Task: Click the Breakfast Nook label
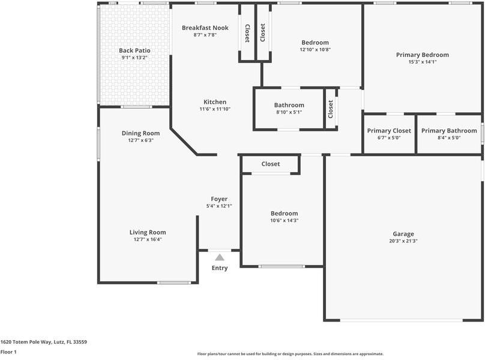tap(205, 28)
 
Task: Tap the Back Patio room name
tap(134, 50)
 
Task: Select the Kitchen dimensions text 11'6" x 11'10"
tap(215, 109)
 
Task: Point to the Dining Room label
tap(140, 133)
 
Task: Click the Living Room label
tap(148, 232)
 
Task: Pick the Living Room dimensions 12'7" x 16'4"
tap(148, 239)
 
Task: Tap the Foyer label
tap(219, 199)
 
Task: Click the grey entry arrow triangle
tap(220, 257)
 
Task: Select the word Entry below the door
tap(220, 268)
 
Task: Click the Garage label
tap(403, 234)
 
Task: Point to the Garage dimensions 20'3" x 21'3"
tap(403, 241)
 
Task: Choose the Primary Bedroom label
tap(422, 55)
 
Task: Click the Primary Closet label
tap(389, 131)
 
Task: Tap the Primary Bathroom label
tap(449, 131)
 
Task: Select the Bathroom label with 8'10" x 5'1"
tap(289, 105)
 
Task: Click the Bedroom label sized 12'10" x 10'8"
tap(315, 43)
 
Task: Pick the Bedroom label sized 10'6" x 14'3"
tap(284, 214)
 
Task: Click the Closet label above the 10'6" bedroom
tap(270, 164)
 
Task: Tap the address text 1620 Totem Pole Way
tap(43, 342)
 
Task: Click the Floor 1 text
tap(8, 352)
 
